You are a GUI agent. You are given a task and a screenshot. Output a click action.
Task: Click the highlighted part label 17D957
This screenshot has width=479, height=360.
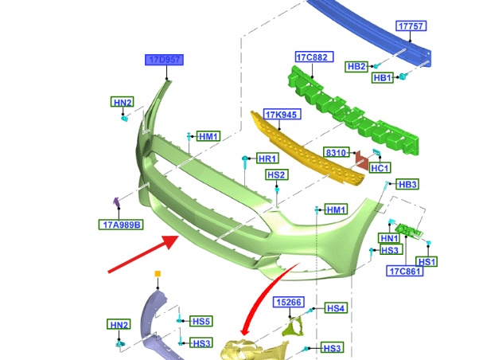click(x=164, y=60)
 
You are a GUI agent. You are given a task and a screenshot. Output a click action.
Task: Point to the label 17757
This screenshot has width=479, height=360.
click(x=411, y=26)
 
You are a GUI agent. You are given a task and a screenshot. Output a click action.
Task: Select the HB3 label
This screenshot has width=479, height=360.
click(x=407, y=184)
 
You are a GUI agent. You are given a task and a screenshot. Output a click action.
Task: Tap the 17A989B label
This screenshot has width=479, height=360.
click(x=121, y=225)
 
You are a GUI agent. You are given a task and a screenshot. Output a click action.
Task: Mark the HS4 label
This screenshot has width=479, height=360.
click(x=336, y=307)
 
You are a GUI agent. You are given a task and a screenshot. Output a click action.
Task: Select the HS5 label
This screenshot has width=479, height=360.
click(x=201, y=322)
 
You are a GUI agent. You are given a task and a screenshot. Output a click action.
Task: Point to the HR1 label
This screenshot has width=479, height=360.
click(x=267, y=158)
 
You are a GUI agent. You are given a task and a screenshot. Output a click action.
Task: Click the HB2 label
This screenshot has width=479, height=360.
click(x=356, y=66)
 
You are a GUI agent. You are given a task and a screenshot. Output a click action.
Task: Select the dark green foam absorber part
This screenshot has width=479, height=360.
click(x=350, y=112)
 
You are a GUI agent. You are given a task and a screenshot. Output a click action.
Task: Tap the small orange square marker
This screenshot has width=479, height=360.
click(x=158, y=274)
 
